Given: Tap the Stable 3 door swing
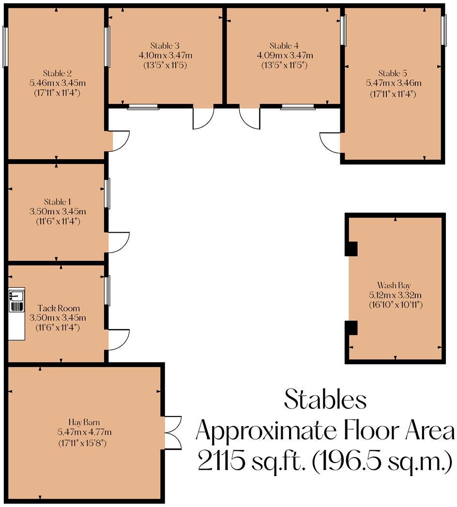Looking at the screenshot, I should tap(203, 118).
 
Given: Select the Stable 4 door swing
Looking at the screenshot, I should tap(250, 118).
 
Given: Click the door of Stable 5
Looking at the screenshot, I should tap(331, 142).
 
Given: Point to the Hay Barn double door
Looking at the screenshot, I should tap(172, 432).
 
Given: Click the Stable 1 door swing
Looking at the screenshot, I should tap(119, 242).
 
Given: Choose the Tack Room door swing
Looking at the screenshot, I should tap(119, 339).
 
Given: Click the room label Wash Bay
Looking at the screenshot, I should tap(395, 285).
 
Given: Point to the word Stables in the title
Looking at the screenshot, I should tap(325, 400).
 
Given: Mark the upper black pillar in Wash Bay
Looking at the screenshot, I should tap(351, 248).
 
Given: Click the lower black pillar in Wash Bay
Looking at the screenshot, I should tap(351, 328).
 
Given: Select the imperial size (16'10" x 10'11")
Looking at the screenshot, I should tap(396, 305).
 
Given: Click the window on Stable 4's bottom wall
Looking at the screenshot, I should tap(297, 107).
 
